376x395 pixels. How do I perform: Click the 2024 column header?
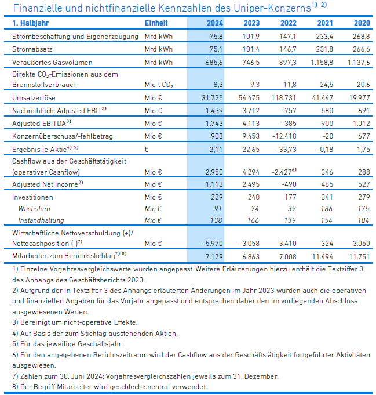pos(215,23)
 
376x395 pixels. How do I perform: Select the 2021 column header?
pos(325,23)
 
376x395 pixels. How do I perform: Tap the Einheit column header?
pos(156,23)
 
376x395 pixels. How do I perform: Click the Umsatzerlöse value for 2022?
pos(284,98)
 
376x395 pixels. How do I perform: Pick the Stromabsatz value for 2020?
pos(361,49)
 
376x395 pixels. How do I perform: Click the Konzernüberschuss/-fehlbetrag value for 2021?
pos(327,136)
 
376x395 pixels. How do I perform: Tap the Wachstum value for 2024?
pos(218,209)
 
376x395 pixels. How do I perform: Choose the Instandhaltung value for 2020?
pos(363,220)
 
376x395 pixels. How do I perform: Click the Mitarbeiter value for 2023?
pos(251,257)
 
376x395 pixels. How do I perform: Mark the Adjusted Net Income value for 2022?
pos(289,184)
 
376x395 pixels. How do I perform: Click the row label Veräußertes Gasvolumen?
pos(52,63)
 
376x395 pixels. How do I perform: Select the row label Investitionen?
pos(32,197)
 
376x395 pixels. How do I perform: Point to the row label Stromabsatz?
pos(32,49)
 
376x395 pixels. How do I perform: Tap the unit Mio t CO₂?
pos(159,85)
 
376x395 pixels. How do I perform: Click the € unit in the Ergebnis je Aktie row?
pos(147,150)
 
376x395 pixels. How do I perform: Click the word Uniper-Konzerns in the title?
pos(272,8)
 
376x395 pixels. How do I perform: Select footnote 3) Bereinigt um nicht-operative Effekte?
pos(75,322)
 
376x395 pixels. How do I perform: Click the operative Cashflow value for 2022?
pos(284,172)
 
